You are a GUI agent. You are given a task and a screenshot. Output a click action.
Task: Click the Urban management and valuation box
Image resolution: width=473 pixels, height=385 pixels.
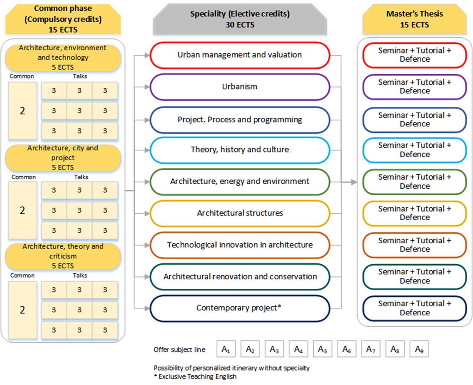(240, 55)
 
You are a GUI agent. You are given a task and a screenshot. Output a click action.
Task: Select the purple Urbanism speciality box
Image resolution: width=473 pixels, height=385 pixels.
(240, 87)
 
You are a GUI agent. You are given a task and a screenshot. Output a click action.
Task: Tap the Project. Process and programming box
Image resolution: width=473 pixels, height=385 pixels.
(240, 120)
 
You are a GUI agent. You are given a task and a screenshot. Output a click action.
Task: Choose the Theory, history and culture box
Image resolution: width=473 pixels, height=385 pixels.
(240, 150)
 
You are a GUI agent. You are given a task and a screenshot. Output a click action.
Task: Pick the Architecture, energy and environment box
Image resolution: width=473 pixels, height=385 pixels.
(240, 182)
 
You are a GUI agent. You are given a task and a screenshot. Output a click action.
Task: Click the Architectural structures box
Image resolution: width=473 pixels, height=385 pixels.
(240, 213)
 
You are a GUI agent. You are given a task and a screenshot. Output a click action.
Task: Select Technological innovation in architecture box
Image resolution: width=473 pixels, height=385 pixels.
(240, 245)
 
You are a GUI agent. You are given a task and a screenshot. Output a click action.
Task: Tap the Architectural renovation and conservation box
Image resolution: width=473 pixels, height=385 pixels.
(240, 277)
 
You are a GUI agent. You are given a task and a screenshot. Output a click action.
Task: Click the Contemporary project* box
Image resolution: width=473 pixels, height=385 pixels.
(240, 308)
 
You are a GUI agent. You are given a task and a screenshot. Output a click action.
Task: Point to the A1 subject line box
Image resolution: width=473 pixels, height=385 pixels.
(226, 349)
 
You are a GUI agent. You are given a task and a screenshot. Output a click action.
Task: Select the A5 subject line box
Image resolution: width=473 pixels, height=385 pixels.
(322, 349)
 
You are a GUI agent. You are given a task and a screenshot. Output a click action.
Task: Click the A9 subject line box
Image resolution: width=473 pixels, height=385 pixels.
(419, 349)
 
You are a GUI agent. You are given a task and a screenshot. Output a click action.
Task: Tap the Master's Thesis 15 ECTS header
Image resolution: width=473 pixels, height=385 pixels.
(414, 20)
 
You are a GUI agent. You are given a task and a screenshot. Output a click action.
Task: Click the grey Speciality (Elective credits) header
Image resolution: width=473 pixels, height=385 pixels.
(240, 20)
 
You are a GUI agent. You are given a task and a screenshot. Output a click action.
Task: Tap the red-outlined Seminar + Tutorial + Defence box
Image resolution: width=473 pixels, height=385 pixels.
(414, 55)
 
